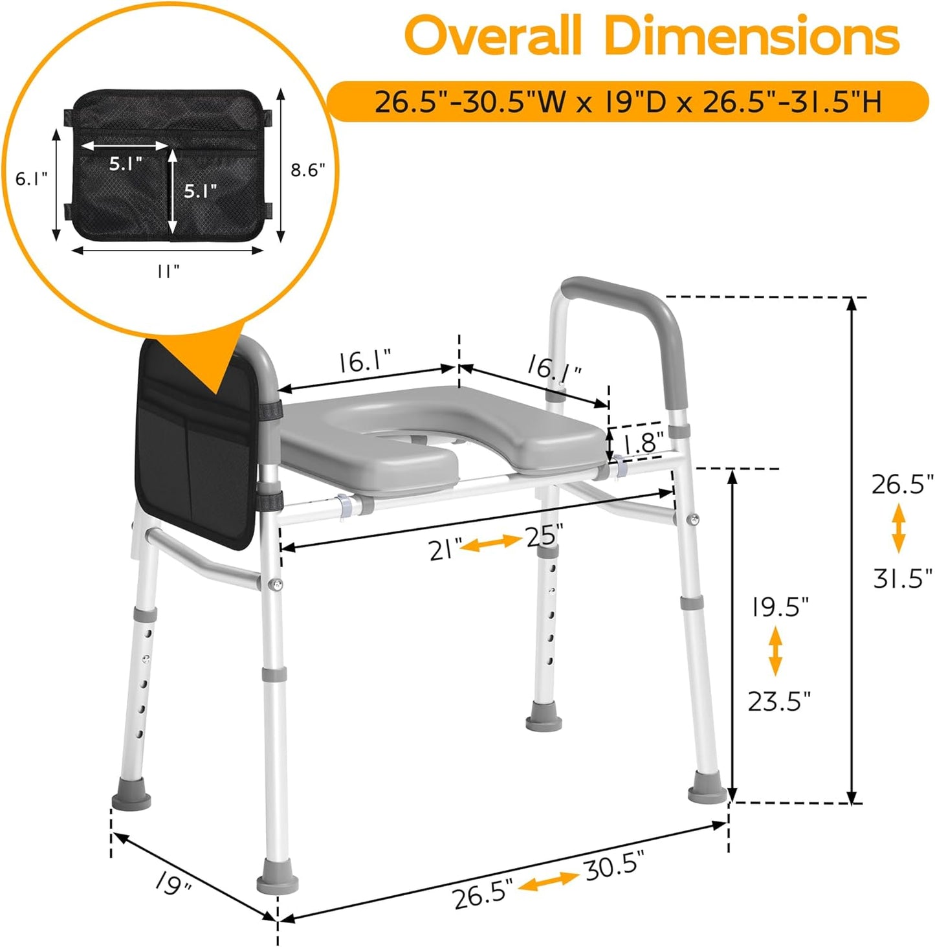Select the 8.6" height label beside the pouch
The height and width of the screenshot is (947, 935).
tap(308, 170)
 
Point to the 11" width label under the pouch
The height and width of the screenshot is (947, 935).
tap(168, 271)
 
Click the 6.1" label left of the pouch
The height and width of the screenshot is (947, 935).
tap(32, 179)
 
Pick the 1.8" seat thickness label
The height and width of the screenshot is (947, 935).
tap(643, 441)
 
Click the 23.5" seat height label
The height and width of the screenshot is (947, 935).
tap(779, 700)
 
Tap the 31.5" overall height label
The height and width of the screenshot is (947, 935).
tap(903, 578)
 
